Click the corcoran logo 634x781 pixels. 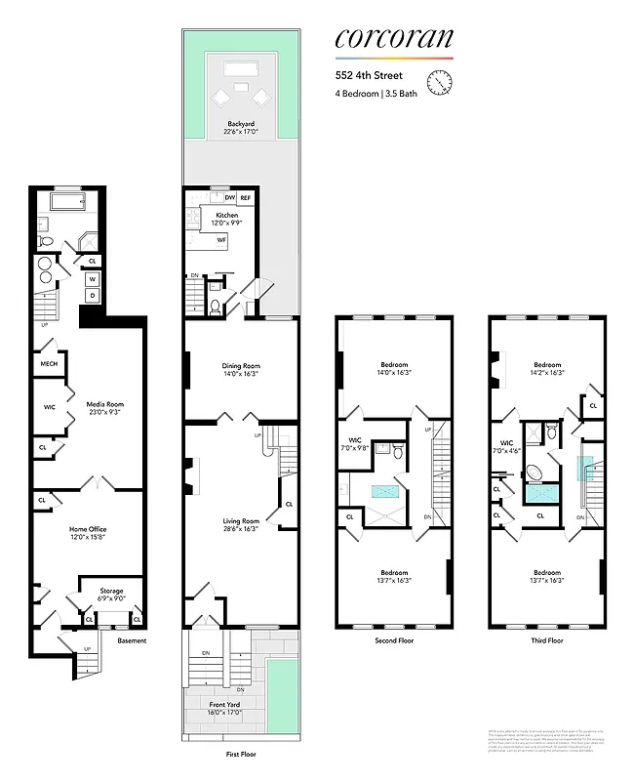393,38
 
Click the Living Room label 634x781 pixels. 241,524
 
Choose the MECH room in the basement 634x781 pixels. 48,364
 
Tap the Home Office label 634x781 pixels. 87,531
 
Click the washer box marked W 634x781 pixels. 93,278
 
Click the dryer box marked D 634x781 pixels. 93,295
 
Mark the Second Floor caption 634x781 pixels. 394,641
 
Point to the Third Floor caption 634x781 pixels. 546,641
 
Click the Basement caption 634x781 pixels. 132,641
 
